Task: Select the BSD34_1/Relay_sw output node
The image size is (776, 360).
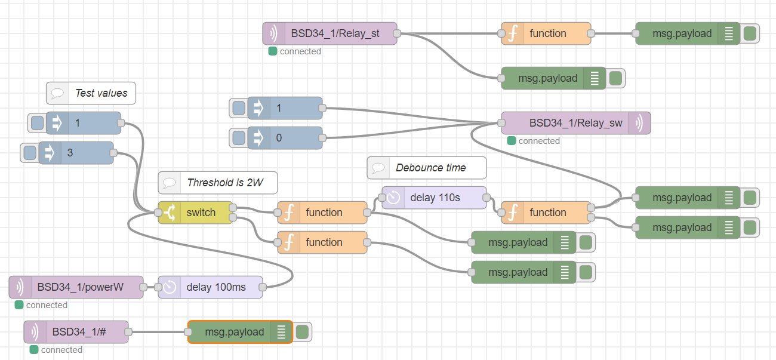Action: [x=575, y=123]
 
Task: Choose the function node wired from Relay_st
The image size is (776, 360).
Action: [x=546, y=33]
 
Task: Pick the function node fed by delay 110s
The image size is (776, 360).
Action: [x=546, y=213]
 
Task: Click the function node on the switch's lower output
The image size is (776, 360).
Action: [x=322, y=242]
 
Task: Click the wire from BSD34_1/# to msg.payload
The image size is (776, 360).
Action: [x=158, y=332]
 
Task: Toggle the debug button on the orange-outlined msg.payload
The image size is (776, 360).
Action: [x=303, y=332]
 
